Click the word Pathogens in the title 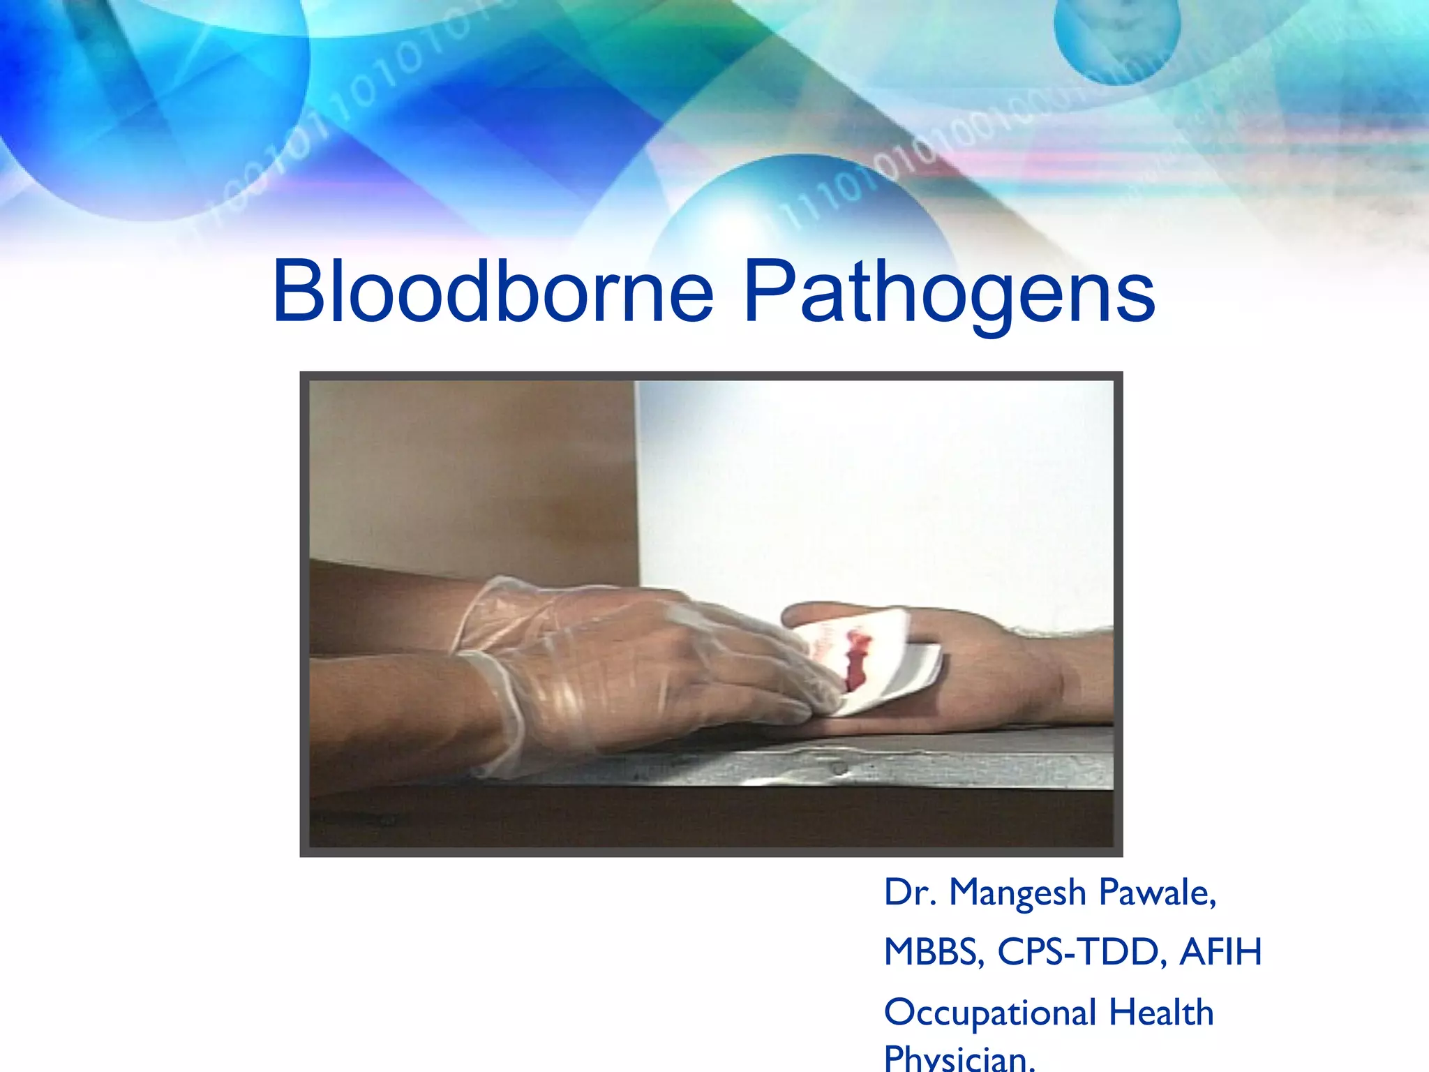[x=949, y=293]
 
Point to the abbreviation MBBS [x=934, y=952]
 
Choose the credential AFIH [x=1220, y=952]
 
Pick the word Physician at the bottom [x=959, y=1059]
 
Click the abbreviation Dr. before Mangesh [x=910, y=893]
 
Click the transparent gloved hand [x=628, y=663]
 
